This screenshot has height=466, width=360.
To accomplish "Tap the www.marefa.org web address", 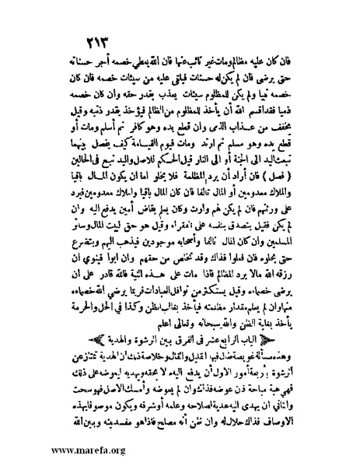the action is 65,448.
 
